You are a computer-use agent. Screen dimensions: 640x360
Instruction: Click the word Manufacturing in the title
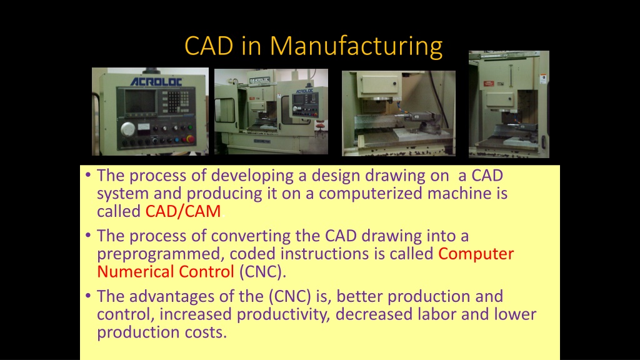356,46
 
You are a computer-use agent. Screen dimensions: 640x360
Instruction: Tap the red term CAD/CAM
183,211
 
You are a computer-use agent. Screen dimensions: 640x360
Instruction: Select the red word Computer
476,254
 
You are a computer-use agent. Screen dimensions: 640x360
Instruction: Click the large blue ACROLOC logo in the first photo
156,82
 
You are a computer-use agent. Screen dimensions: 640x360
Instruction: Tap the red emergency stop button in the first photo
190,139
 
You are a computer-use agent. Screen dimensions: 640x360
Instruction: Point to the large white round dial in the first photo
127,129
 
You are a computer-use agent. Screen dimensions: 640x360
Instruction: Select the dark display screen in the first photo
140,101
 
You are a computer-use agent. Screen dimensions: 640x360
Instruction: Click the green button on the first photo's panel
190,127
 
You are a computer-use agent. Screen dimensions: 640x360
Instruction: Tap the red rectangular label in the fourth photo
489,84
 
